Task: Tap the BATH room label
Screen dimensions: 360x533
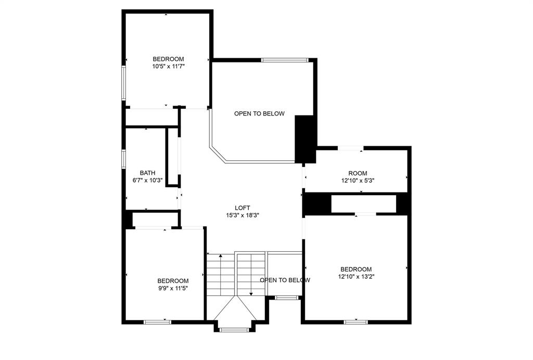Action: [147, 173]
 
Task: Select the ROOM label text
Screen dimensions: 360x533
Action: [358, 173]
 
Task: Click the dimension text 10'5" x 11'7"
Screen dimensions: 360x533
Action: [168, 67]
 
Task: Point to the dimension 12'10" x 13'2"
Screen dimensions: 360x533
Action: [356, 277]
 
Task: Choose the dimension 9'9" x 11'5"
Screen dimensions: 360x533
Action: [173, 288]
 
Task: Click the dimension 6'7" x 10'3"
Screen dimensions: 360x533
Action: [147, 181]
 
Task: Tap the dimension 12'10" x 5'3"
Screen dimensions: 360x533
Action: [358, 181]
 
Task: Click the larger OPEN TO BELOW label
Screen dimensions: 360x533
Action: [259, 114]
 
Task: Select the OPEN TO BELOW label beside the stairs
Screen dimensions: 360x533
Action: [285, 280]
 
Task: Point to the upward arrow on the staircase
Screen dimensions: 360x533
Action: [222, 256]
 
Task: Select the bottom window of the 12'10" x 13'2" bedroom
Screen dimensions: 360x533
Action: [357, 322]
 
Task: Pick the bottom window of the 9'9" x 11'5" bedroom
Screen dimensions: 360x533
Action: [157, 322]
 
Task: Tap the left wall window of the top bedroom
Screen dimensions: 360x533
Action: [124, 82]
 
